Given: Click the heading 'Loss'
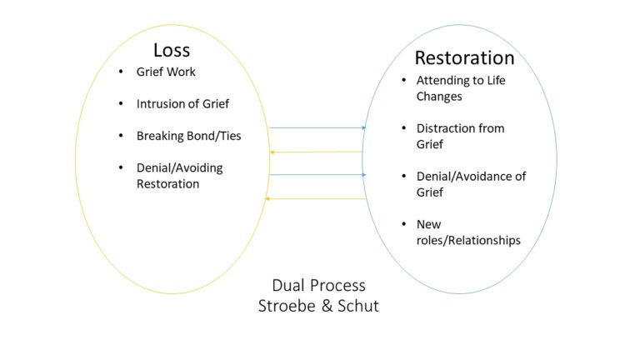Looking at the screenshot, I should click(x=172, y=50).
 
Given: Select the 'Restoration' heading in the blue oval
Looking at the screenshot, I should click(x=464, y=58).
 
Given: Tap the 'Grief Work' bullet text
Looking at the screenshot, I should click(x=166, y=72).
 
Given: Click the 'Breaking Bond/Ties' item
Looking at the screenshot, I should click(x=188, y=135).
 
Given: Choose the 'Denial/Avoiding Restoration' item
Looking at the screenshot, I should click(x=179, y=175).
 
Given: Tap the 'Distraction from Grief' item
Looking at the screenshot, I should click(x=460, y=136).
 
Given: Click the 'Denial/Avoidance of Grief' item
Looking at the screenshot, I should click(x=471, y=184).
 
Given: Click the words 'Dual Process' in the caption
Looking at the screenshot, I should click(x=318, y=286).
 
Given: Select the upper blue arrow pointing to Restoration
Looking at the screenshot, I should click(x=317, y=127).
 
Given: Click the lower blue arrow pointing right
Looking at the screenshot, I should click(x=317, y=175).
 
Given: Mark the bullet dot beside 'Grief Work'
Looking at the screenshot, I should click(x=122, y=72).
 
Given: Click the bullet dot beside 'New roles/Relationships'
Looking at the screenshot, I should click(x=402, y=224).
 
